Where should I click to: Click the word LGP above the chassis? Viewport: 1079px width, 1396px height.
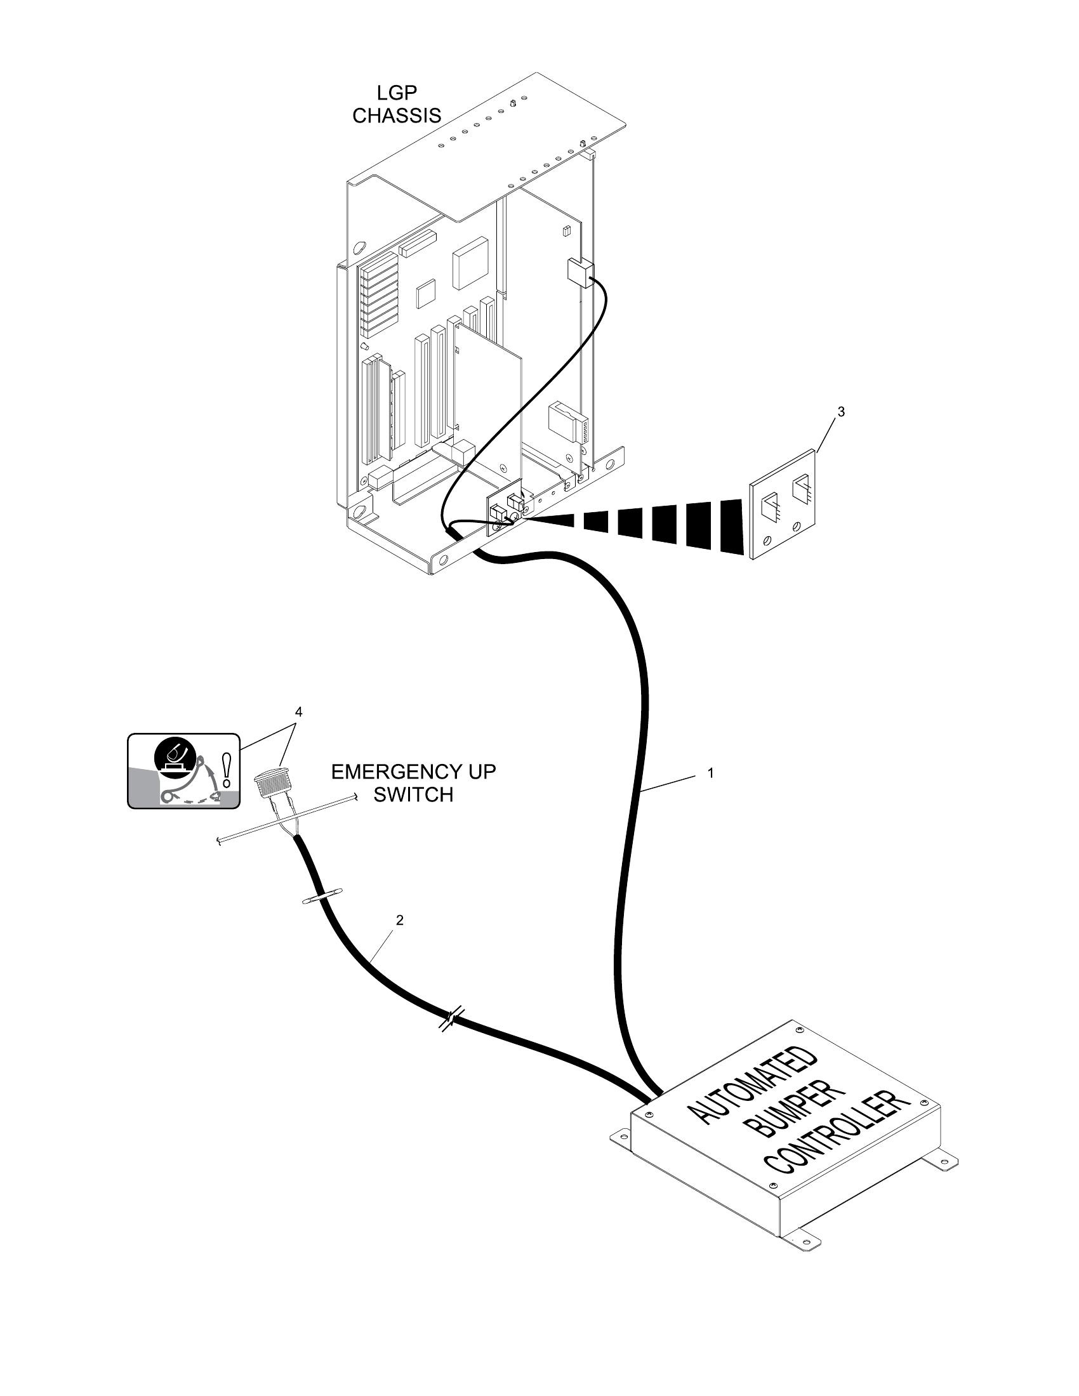[x=396, y=93]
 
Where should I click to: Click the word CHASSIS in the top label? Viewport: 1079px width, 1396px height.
[x=396, y=115]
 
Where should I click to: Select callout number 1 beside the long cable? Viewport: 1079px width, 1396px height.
[x=710, y=773]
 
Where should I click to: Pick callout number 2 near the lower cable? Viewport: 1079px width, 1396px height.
[x=399, y=920]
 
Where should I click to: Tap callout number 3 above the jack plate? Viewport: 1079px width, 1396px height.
[x=840, y=412]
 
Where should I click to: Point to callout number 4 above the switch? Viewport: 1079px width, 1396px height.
[x=298, y=711]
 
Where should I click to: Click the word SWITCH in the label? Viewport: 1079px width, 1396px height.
[x=413, y=794]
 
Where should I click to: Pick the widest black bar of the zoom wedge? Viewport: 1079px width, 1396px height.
[x=731, y=526]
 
